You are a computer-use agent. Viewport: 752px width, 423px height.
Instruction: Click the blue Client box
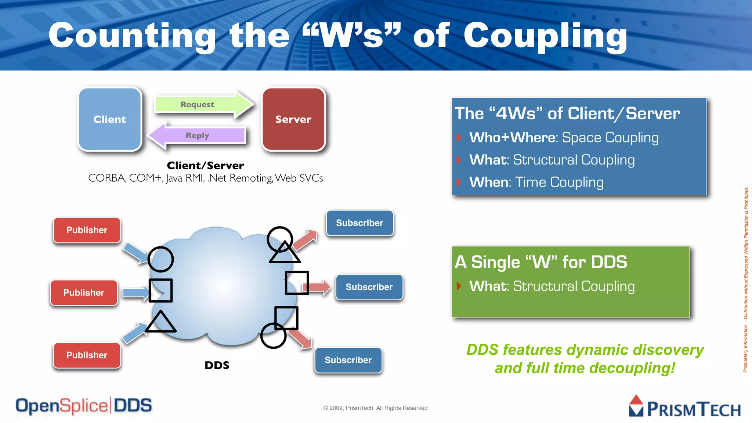pyautogui.click(x=110, y=119)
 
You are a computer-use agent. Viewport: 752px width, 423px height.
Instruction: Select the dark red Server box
pyautogui.click(x=293, y=119)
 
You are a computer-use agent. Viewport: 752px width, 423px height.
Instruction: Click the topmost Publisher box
pyautogui.click(x=87, y=230)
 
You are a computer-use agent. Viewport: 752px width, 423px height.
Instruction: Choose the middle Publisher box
pyautogui.click(x=84, y=293)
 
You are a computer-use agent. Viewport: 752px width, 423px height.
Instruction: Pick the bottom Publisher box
pyautogui.click(x=87, y=355)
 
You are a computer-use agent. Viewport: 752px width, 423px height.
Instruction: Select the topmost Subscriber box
pyautogui.click(x=359, y=223)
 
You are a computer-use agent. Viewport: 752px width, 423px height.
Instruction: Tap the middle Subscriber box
pyautogui.click(x=369, y=287)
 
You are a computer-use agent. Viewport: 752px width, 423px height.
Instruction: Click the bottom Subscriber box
pyautogui.click(x=348, y=360)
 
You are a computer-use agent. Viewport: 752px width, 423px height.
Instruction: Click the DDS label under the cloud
pyautogui.click(x=217, y=365)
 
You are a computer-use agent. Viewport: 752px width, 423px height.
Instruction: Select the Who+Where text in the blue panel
pyautogui.click(x=512, y=137)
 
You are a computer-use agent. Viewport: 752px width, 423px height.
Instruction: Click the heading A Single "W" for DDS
pyautogui.click(x=541, y=262)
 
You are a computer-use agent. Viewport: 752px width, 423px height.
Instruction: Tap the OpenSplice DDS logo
pyautogui.click(x=84, y=406)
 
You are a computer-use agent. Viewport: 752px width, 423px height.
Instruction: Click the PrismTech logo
pyautogui.click(x=685, y=407)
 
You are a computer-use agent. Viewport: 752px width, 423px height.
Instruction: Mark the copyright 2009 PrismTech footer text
pyautogui.click(x=375, y=408)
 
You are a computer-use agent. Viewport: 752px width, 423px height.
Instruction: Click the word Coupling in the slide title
pyautogui.click(x=545, y=36)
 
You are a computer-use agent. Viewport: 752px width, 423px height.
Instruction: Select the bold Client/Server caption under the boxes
pyautogui.click(x=205, y=166)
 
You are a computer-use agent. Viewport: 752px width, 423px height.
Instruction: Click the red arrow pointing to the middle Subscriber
pyautogui.click(x=319, y=287)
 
